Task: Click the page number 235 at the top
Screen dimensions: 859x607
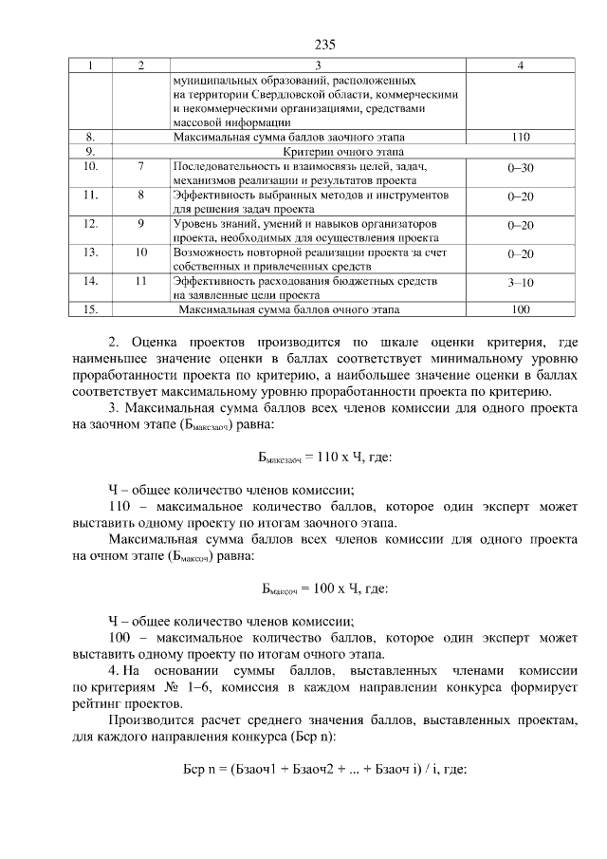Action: [325, 45]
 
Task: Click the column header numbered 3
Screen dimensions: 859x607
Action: [318, 65]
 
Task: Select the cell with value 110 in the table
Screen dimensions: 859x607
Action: [520, 137]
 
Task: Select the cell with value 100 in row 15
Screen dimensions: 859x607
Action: [520, 309]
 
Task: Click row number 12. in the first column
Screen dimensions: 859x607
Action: [91, 224]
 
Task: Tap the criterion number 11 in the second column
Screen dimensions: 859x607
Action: [140, 281]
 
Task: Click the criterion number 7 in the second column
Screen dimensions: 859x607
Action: [140, 167]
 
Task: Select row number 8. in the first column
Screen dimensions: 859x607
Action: [90, 137]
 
